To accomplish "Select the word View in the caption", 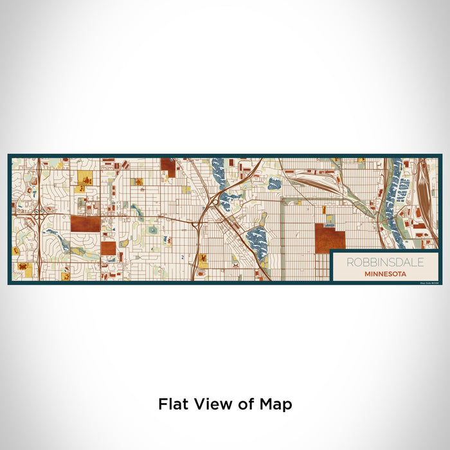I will click(x=212, y=404).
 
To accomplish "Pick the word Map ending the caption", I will click(x=276, y=404).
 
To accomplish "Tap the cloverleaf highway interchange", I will click(x=39, y=210).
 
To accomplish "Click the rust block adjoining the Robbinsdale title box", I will click(x=330, y=238).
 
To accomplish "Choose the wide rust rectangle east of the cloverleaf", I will click(x=85, y=224).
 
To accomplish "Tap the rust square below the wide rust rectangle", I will click(x=108, y=248).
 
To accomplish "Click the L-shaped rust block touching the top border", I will click(x=168, y=167).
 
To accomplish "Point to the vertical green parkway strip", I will click(x=282, y=238).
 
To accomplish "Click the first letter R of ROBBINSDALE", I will click(x=350, y=262).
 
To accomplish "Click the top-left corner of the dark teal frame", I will click(x=9, y=155).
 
